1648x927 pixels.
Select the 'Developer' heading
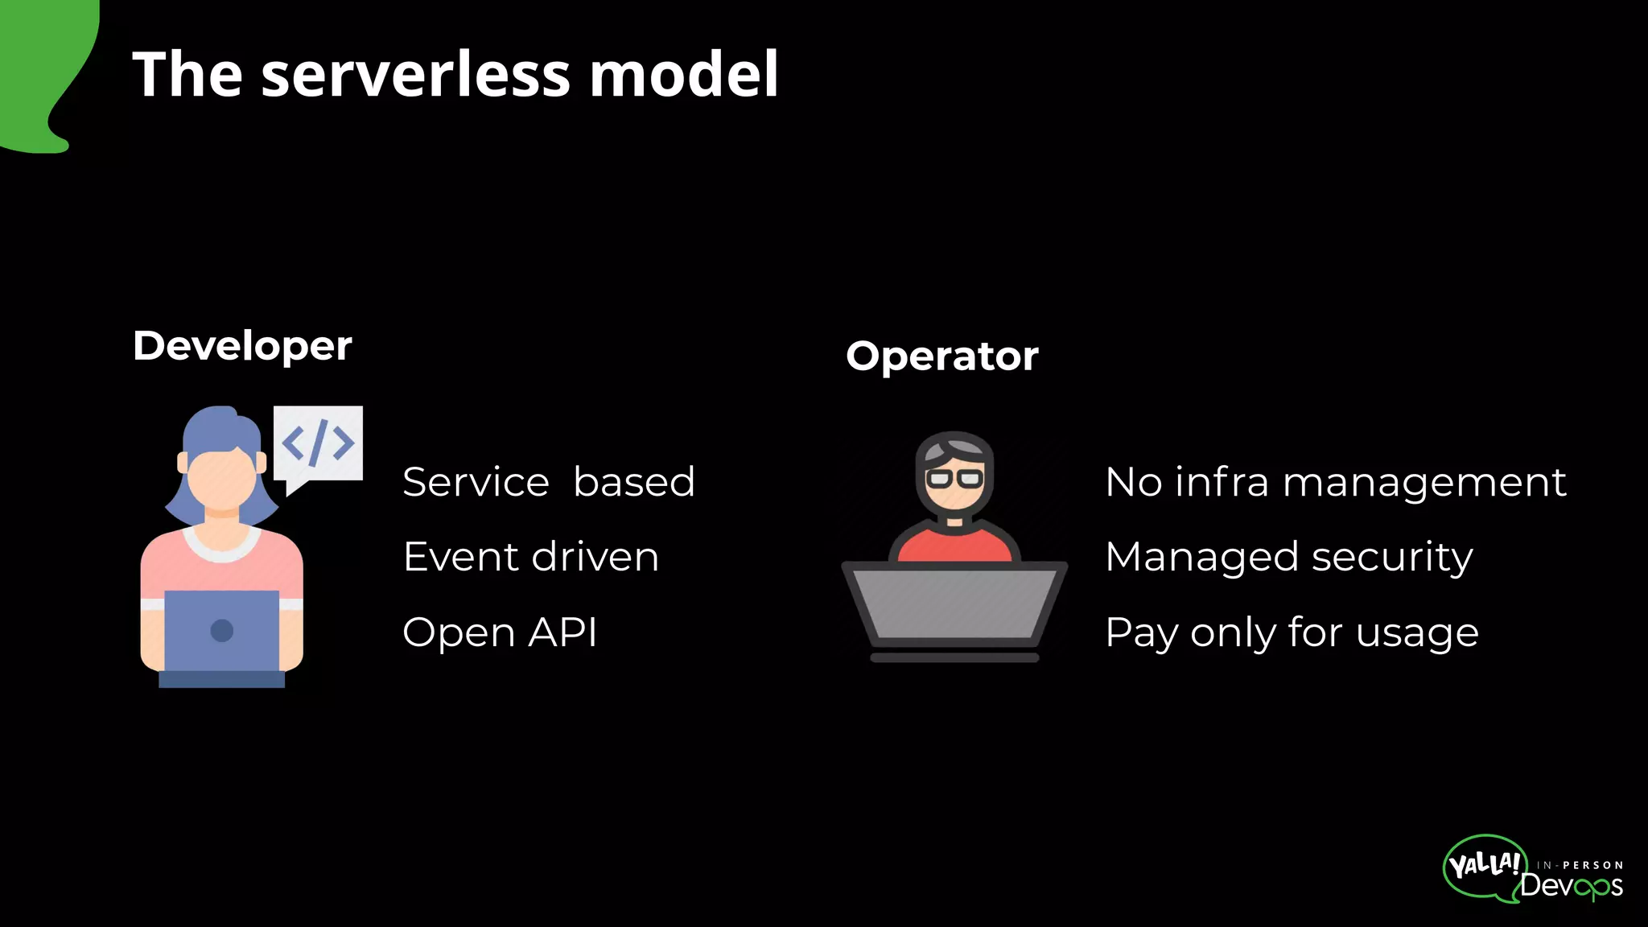[x=242, y=346]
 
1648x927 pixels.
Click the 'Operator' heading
[x=942, y=356]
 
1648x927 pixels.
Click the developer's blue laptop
[x=222, y=631]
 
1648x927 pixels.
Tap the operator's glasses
[x=954, y=479]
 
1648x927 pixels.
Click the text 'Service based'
[x=549, y=482]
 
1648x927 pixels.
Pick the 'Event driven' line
[x=531, y=557]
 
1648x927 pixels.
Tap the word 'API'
[x=562, y=632]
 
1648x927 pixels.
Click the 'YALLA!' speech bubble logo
[x=1484, y=866]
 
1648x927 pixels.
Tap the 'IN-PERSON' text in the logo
[x=1580, y=865]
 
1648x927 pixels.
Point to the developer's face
[x=220, y=478]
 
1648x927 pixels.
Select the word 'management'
[x=1424, y=483]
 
